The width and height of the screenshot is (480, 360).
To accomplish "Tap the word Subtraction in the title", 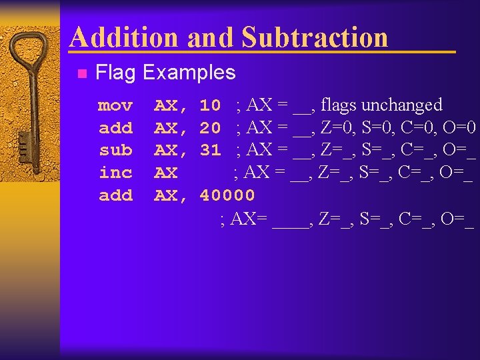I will (315, 37).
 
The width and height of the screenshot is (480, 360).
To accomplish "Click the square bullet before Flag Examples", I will (81, 73).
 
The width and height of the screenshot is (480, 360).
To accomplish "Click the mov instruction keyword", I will (115, 105).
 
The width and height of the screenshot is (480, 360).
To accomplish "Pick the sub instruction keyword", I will (115, 150).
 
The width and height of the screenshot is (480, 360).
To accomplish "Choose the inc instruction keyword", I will (115, 173).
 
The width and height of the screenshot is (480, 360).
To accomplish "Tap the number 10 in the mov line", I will (210, 105).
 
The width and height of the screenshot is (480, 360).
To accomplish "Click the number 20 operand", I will (210, 127).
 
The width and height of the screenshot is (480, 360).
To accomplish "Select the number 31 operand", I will (210, 150).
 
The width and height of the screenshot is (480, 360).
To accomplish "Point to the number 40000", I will (227, 195).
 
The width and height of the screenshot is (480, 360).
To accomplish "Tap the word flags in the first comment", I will (339, 105).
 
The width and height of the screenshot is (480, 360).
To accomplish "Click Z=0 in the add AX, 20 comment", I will (336, 127).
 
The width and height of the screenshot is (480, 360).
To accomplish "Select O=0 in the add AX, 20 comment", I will (459, 127).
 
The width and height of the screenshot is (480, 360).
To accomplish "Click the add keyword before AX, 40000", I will (115, 195).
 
